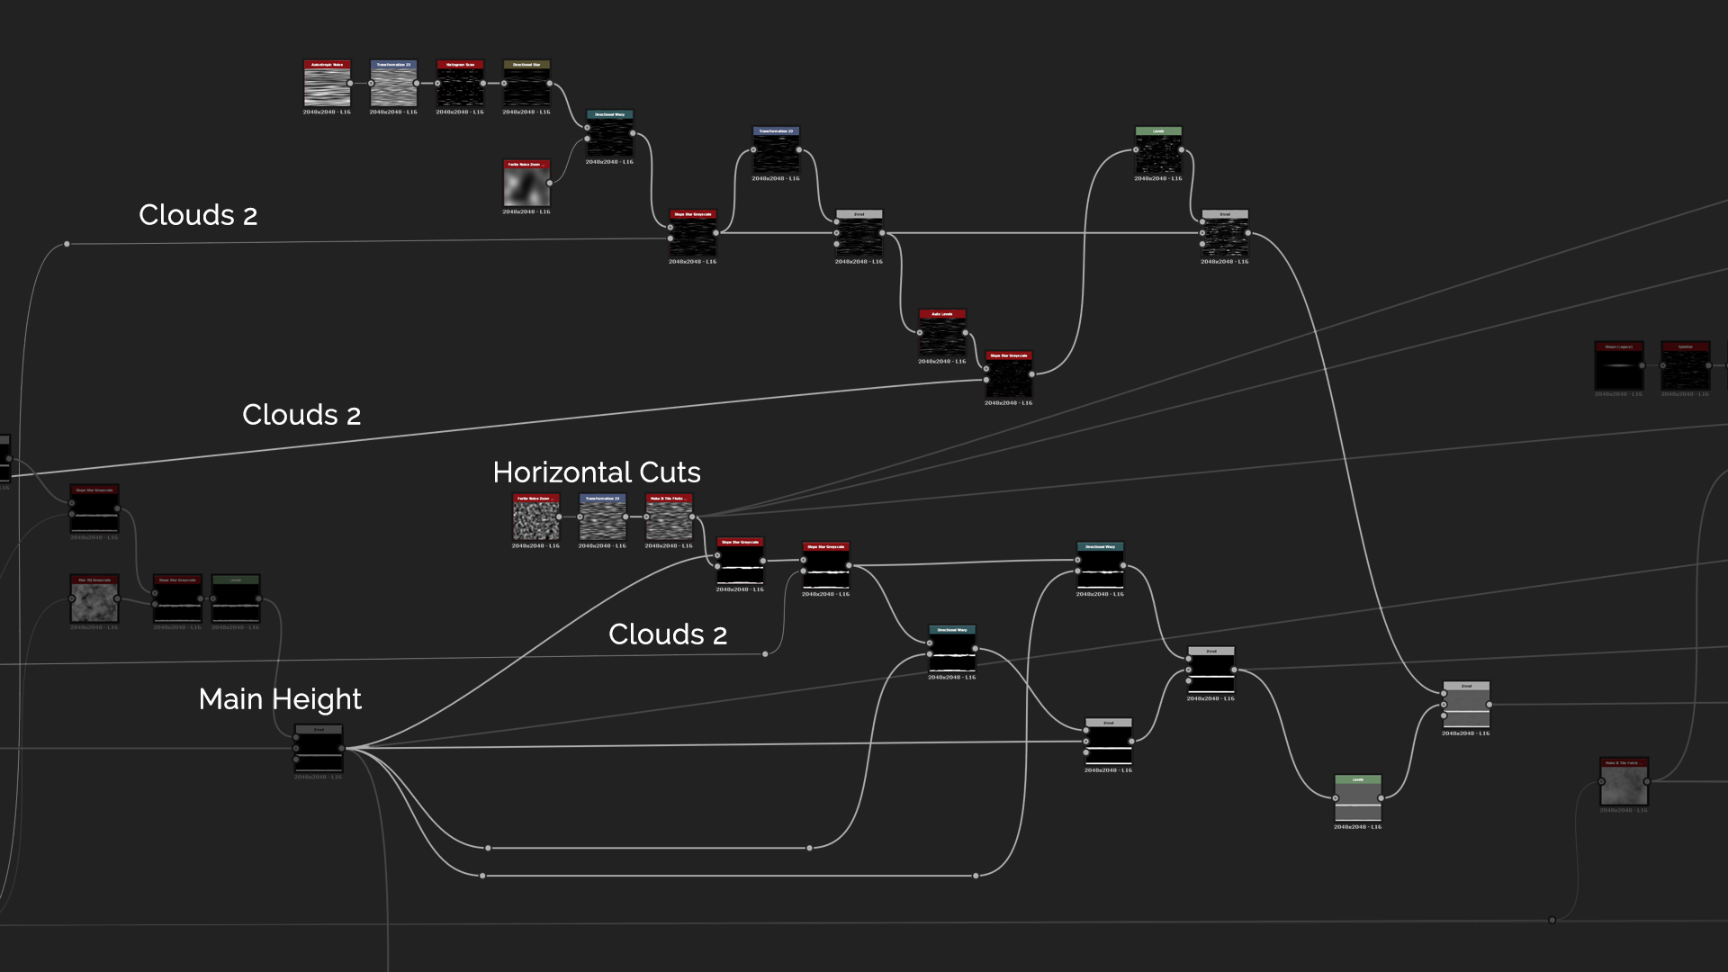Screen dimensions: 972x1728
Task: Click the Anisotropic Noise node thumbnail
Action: [x=327, y=86]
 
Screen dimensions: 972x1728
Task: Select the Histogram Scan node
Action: [x=460, y=86]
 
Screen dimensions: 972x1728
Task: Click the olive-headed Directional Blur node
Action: [x=526, y=86]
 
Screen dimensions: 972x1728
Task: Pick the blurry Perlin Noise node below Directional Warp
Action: [x=526, y=186]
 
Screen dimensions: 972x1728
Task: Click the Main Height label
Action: [x=280, y=699]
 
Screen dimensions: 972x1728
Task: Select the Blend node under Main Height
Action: [x=319, y=751]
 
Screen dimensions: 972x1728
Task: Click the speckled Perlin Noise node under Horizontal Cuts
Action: [x=535, y=520]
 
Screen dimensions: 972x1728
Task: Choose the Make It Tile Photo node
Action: [x=669, y=520]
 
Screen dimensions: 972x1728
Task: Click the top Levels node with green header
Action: [x=1158, y=153]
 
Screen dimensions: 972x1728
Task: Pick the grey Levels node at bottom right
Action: [x=1357, y=800]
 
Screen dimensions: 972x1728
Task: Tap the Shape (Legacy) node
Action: [x=1618, y=368]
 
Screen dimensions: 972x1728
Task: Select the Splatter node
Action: [x=1685, y=368]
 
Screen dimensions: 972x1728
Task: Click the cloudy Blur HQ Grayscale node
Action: [x=94, y=602]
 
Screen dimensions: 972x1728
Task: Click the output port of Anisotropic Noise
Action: [x=350, y=84]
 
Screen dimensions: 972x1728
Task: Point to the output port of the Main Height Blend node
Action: [x=342, y=748]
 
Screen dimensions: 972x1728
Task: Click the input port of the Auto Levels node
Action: [x=920, y=333]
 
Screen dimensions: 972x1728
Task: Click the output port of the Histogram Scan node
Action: [x=483, y=84]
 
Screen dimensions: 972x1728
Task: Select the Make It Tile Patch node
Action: [x=1624, y=784]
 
